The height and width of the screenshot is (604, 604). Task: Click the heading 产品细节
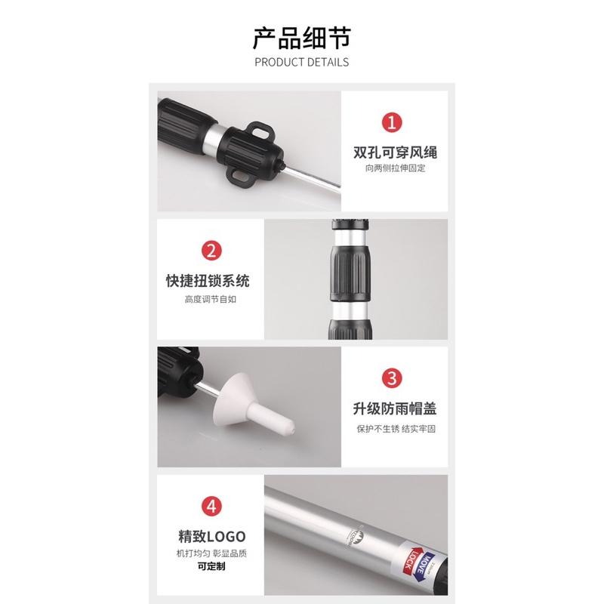coord(301,36)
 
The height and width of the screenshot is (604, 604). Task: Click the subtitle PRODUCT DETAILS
coord(301,62)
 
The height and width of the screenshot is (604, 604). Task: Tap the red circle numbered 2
coord(211,250)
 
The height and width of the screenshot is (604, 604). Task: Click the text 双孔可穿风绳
coord(395,153)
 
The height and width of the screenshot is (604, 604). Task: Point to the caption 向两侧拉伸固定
coord(395,168)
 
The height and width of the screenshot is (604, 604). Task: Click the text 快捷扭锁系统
coord(207,281)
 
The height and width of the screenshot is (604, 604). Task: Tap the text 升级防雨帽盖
coord(395,410)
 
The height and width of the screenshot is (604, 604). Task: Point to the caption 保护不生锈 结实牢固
coord(395,428)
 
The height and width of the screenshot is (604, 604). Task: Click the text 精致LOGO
coord(211,537)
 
